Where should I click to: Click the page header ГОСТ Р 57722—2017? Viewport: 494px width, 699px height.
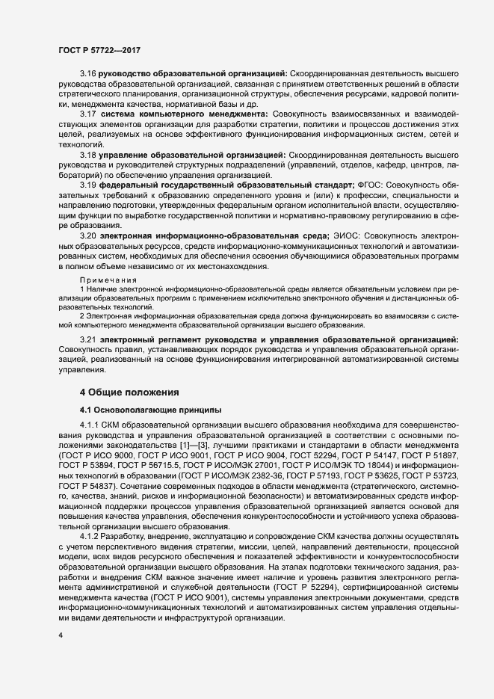[x=99, y=49]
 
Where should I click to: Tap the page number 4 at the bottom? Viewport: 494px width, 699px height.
[x=61, y=635]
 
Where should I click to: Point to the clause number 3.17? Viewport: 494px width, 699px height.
[x=89, y=112]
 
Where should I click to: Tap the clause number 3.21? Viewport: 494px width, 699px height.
[x=89, y=340]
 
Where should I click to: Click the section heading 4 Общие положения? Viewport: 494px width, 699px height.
[x=129, y=392]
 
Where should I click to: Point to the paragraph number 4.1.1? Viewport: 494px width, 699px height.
[x=92, y=425]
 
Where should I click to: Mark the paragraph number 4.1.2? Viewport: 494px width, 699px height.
[x=92, y=537]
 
